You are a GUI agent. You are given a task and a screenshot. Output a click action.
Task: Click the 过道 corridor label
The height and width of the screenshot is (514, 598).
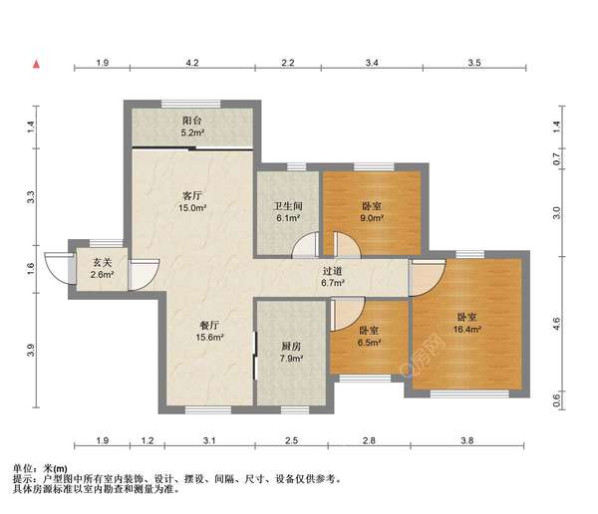coord(332,270)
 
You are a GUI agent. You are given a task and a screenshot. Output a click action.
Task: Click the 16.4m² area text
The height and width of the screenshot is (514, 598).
coord(468,328)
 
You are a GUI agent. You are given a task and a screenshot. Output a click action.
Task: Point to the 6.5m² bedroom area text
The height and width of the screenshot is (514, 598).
coord(369,344)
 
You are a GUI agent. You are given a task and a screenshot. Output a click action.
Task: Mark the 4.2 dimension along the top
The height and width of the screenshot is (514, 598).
coord(192,63)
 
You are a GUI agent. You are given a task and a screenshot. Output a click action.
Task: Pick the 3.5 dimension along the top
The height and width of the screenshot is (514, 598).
coord(474,63)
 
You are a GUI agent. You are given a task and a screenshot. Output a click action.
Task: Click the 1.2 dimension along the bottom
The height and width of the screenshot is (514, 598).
coord(148,440)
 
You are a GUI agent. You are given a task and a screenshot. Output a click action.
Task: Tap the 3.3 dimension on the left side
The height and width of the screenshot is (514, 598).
coord(31,197)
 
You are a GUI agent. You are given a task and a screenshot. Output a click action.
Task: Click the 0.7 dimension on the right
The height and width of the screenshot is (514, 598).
coord(557,158)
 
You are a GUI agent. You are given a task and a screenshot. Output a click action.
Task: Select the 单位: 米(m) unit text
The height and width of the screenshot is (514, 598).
coord(41,467)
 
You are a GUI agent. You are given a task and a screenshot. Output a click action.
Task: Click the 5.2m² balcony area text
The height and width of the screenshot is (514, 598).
coord(193,131)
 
